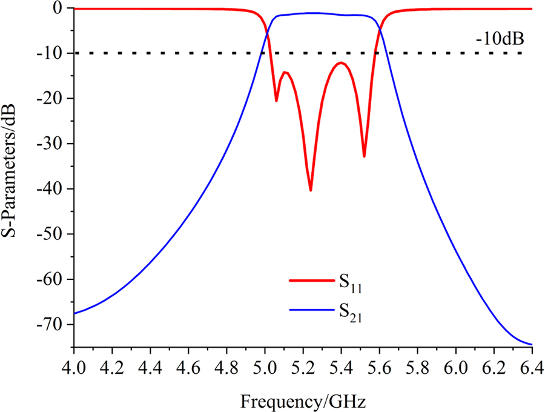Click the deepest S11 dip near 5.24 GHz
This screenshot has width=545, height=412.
311,190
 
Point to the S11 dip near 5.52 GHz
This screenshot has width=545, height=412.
364,156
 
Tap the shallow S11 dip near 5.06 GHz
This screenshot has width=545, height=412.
276,101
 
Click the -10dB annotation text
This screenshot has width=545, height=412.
500,40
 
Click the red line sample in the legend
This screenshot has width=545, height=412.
308,280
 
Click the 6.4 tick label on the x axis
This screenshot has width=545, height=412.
532,368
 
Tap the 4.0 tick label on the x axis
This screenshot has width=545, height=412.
74,368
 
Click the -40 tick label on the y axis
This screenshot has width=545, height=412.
51,189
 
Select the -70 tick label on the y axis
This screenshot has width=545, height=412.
51,325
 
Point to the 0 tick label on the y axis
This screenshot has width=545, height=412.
58,8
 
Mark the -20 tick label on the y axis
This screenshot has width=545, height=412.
51,99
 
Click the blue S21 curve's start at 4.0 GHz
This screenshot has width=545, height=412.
74,313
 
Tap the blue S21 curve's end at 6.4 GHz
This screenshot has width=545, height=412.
531,344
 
